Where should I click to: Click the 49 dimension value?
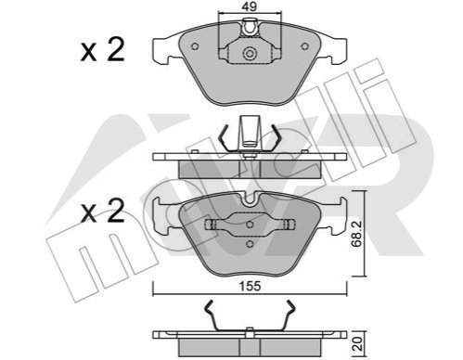point(250,6)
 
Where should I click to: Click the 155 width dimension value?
point(251,286)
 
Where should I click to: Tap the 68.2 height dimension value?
point(356,234)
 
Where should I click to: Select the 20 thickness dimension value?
point(357,344)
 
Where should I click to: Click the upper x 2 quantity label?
point(103,49)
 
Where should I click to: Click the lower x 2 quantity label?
point(103,211)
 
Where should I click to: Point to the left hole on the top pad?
point(195,46)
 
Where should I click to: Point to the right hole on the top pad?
point(305,46)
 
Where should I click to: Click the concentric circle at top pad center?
point(250,54)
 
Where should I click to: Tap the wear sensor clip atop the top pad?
point(250,28)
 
